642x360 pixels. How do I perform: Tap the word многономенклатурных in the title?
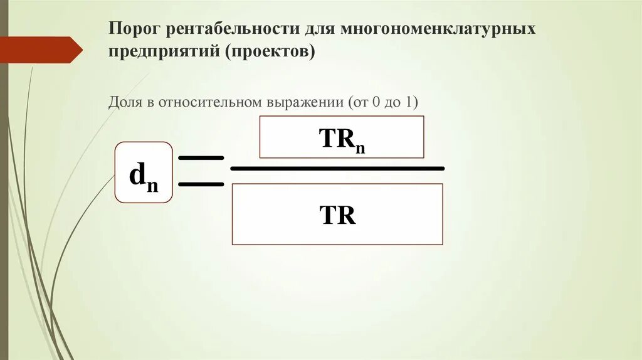point(438,29)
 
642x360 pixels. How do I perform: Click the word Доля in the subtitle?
point(124,102)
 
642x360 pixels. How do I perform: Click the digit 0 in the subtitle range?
point(375,102)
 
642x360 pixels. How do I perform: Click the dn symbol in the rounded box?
point(143,176)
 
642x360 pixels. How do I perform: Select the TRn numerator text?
point(342,140)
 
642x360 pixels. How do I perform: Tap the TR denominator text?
point(337,215)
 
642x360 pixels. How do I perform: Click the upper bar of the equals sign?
point(201,158)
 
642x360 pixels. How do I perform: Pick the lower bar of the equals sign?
point(201,184)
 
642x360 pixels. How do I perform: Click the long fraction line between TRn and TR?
point(337,169)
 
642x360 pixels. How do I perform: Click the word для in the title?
point(321,29)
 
